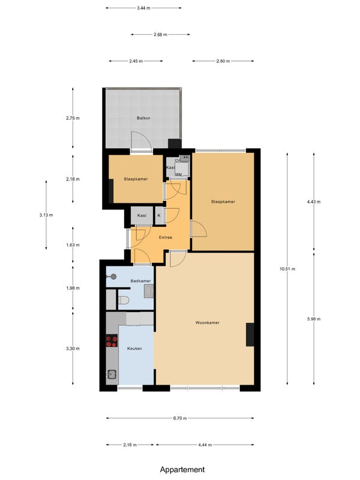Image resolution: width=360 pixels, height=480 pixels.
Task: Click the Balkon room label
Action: click(143, 118)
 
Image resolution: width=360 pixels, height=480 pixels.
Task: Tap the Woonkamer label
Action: click(207, 322)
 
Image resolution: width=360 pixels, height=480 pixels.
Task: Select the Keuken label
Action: click(134, 349)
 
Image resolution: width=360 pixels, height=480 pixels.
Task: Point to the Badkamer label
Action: click(140, 281)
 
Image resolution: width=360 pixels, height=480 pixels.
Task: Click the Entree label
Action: click(166, 237)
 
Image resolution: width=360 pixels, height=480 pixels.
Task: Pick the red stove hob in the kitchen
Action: click(112, 341)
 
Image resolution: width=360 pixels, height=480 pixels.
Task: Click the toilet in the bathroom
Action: click(124, 301)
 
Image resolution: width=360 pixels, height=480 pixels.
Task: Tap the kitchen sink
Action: click(112, 374)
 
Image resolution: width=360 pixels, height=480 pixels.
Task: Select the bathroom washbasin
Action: click(149, 291)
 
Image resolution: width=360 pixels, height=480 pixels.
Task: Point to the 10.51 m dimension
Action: click(287, 269)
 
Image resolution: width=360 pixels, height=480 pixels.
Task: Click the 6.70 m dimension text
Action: click(180, 418)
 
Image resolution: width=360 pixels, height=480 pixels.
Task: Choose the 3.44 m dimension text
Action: click(143, 8)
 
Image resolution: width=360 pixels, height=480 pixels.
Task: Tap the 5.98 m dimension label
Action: click(314, 319)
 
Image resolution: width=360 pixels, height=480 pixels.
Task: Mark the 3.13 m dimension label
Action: click(46, 215)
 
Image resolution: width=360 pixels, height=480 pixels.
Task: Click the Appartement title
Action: click(182, 470)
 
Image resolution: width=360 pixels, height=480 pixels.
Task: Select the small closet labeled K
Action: click(159, 215)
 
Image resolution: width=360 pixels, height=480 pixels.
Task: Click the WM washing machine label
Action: click(178, 175)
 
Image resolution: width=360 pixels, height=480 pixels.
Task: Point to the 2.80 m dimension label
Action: click(223, 61)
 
